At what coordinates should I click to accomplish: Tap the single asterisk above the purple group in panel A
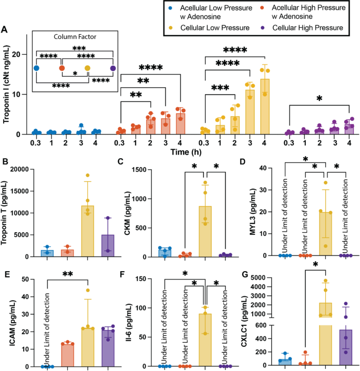coord(320,98)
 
